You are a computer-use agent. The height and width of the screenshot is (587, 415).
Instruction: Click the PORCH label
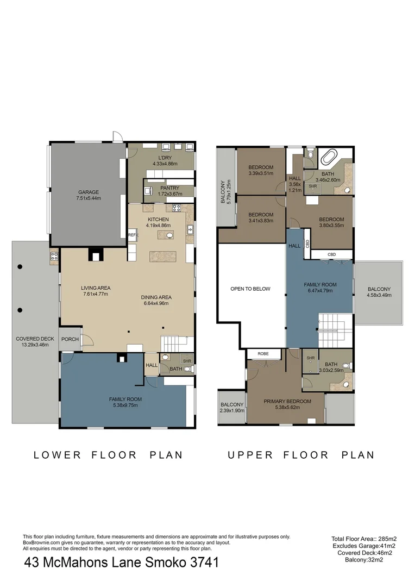70,340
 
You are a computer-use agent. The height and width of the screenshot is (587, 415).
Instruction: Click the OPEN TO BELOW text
250,289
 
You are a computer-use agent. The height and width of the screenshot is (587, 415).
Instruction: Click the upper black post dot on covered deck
20,267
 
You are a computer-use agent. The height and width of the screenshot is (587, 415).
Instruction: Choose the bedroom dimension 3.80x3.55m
331,226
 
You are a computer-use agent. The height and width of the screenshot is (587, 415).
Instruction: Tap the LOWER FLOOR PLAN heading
108,455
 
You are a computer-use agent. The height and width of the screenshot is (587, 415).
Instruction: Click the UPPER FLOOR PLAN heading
301,455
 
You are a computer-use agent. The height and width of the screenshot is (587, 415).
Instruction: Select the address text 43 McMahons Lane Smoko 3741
122,563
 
